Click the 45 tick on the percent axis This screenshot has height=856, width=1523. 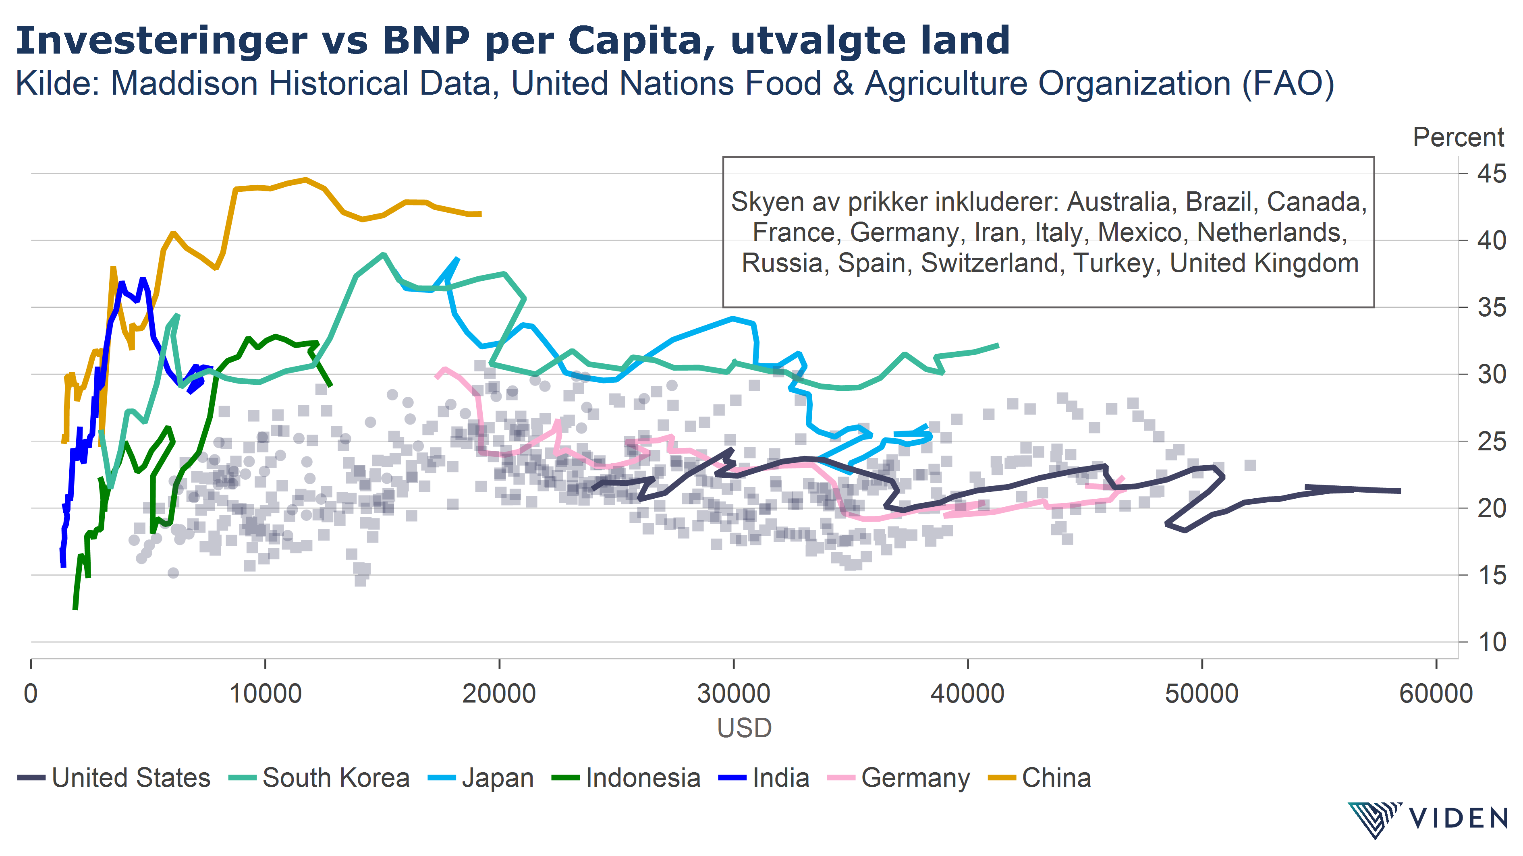pos(1492,174)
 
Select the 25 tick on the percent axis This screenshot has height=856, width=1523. pos(1492,441)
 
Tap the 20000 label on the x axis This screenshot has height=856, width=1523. pos(499,693)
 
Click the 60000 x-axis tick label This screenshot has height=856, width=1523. pos(1436,693)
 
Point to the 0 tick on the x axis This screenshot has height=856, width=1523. pos(31,693)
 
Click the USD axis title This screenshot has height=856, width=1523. pos(744,728)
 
